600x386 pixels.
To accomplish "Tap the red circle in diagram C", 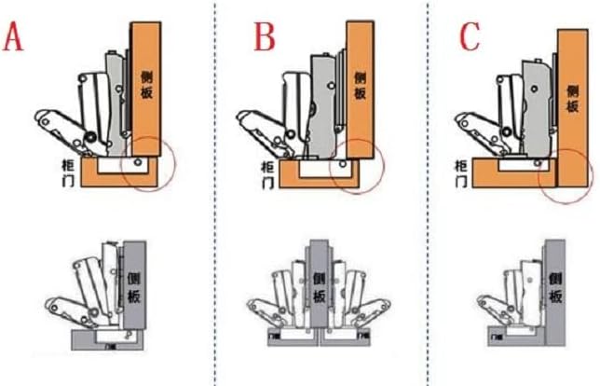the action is pos(566,169).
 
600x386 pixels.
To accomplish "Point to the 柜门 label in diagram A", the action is pos(67,171).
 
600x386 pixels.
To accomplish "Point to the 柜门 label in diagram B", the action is pos(277,171).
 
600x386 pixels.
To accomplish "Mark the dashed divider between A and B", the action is pos(216,186).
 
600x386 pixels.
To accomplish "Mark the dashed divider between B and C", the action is pos(429,186).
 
